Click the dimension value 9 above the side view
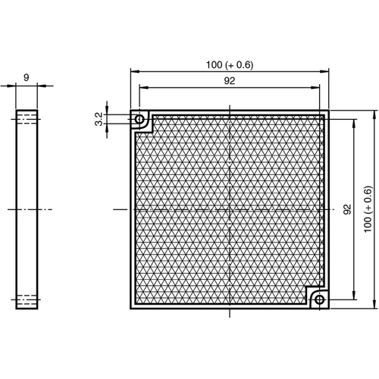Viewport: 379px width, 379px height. coord(27,77)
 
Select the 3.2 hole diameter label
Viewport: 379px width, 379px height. coord(98,119)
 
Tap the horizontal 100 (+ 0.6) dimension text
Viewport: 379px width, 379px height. coord(229,64)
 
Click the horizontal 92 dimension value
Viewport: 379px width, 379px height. coord(229,81)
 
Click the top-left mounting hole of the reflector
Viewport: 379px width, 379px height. coord(139,120)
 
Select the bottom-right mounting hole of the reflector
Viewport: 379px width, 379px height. coord(319,300)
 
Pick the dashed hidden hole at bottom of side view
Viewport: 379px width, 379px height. coord(27,300)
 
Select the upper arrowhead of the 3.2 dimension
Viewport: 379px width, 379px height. coord(108,114)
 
